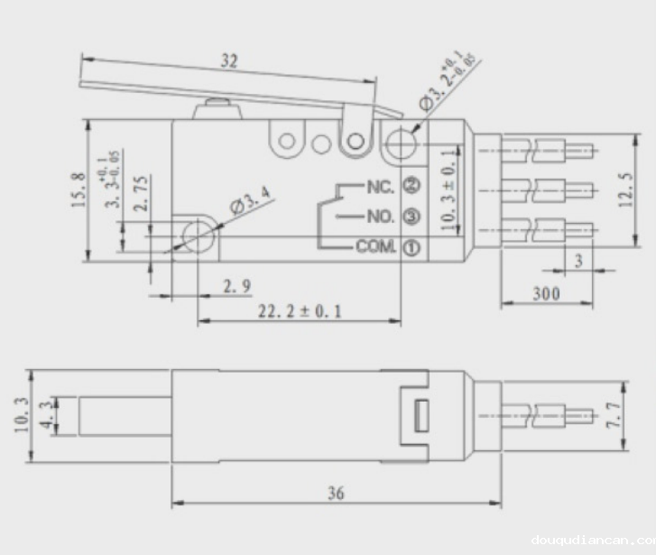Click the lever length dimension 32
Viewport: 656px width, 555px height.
230,62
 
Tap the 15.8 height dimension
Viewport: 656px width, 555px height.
79,190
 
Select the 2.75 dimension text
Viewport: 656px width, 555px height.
142,194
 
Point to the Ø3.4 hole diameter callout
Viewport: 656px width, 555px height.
251,201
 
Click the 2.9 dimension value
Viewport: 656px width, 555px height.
236,287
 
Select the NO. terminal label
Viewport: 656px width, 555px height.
380,217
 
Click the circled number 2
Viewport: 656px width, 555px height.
411,187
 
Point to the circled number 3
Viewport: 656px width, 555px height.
411,217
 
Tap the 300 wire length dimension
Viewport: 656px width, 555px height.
546,293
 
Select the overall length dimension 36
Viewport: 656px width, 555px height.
336,494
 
